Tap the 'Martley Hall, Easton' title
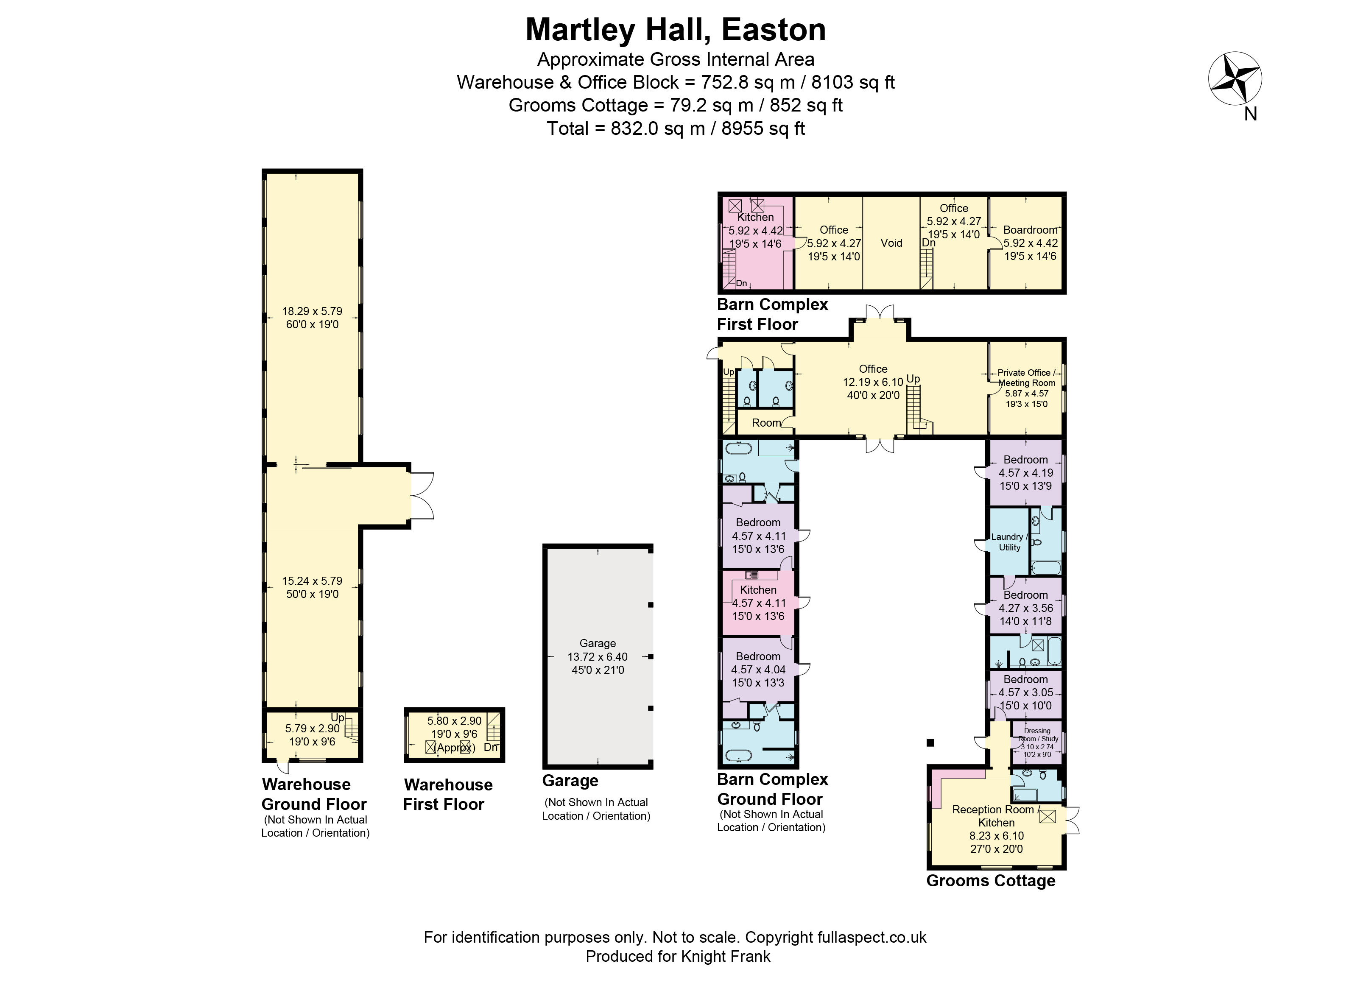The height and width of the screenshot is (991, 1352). coord(676,30)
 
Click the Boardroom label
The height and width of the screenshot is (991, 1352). coord(1030,230)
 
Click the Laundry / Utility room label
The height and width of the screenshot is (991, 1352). coord(1009,542)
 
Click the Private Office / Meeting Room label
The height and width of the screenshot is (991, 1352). coord(1026,377)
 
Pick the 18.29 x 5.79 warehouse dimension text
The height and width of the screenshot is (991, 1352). coord(312,311)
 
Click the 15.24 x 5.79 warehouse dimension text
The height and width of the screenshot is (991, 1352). coord(312,581)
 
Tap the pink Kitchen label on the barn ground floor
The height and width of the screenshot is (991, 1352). coord(758,590)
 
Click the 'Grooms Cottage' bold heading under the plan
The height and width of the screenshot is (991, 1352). coord(990,881)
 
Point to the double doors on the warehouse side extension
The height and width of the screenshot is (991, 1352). coord(421,495)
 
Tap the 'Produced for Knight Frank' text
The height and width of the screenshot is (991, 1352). coord(677,956)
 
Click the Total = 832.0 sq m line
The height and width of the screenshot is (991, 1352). coord(676,128)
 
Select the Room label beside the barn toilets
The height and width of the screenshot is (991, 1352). coord(766,423)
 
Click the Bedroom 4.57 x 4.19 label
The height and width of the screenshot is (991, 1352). coord(1025,472)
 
